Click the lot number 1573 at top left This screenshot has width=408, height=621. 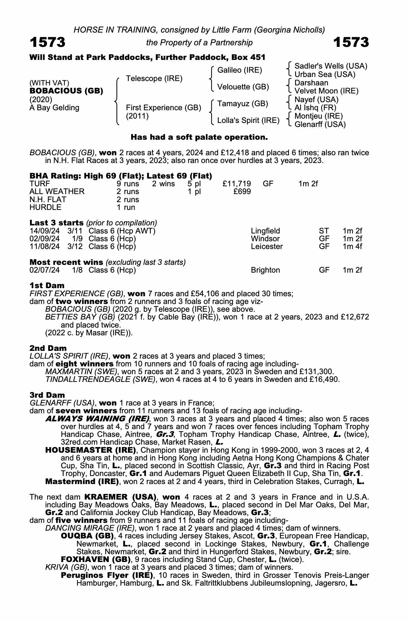point(47,42)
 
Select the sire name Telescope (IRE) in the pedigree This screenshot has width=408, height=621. point(154,79)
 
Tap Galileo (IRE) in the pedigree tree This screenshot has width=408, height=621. point(240,70)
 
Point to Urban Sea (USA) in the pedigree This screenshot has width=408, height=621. point(325,75)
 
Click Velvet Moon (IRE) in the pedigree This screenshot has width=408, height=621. point(326,91)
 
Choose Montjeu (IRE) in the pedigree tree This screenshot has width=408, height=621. point(318,116)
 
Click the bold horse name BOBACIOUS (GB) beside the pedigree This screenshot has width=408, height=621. point(66,91)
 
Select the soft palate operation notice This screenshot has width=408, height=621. point(199,137)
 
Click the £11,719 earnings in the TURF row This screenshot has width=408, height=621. point(237,184)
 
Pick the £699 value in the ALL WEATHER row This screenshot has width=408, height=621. point(242,192)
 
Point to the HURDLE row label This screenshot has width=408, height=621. point(45,207)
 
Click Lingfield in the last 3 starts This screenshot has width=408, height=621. point(265,231)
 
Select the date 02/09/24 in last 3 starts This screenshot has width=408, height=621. point(44,239)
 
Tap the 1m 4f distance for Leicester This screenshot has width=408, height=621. point(352,247)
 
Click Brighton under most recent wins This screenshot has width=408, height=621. point(265,270)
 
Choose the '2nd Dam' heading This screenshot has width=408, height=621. point(48,348)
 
